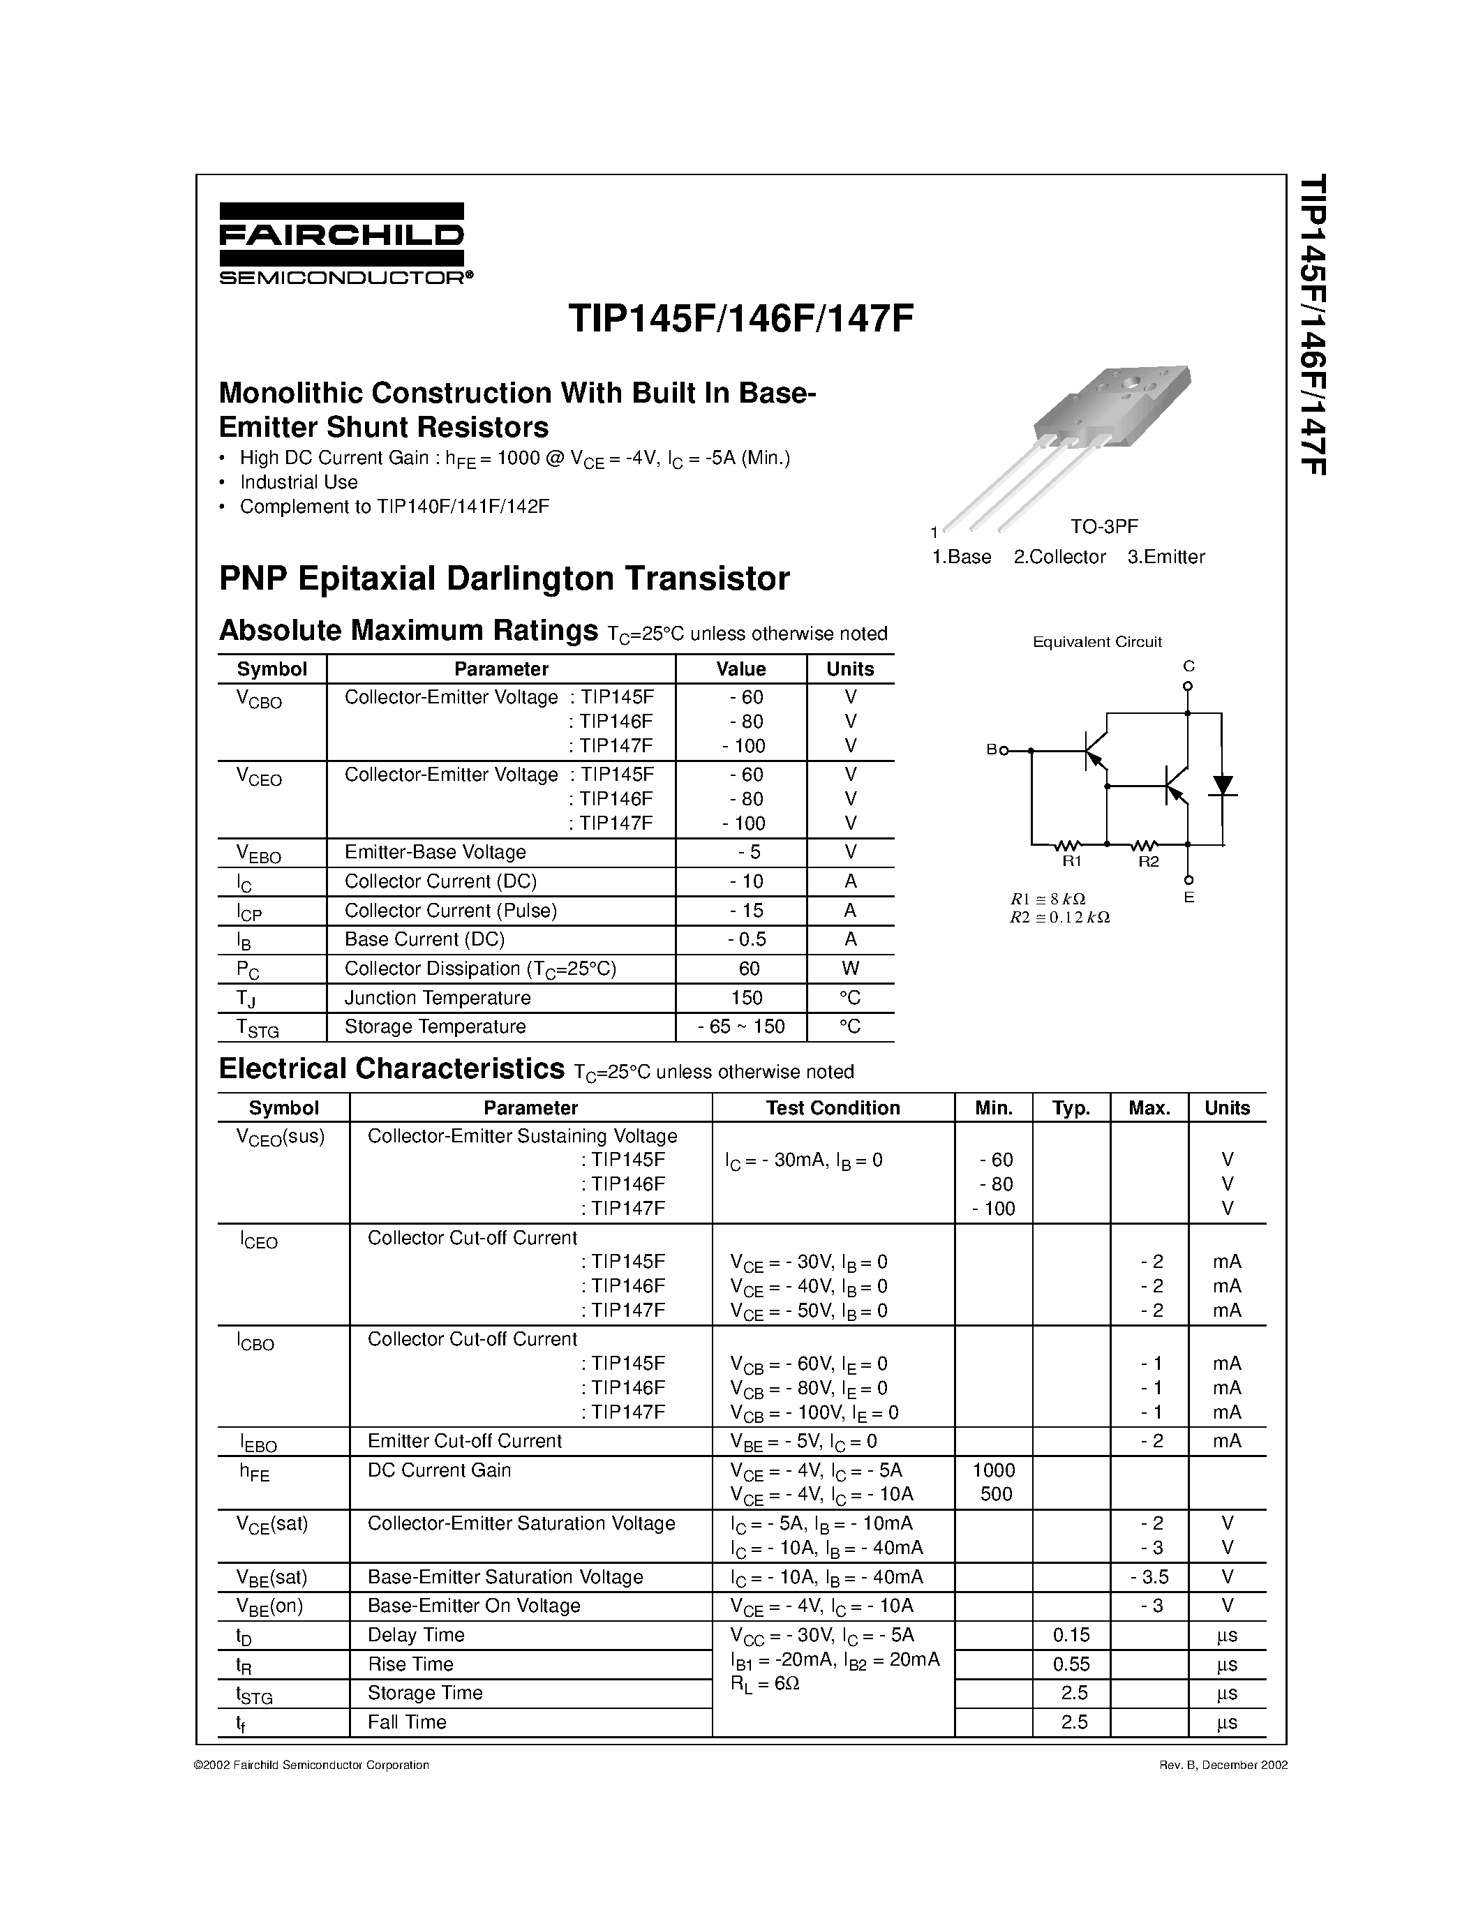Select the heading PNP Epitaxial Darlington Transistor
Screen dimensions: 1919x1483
(505, 579)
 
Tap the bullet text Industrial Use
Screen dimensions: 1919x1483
(299, 482)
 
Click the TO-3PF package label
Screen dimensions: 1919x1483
(1103, 527)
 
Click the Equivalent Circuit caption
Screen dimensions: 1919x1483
(1096, 642)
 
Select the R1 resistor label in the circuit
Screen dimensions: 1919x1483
(1071, 862)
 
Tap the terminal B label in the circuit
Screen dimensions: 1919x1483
(991, 750)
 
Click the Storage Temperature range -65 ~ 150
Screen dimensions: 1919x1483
(740, 1027)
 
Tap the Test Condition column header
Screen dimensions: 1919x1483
(832, 1108)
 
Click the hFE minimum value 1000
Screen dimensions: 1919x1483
(994, 1470)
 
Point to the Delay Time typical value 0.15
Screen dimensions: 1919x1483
(1071, 1635)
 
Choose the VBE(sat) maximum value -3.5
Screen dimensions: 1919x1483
(1149, 1577)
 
